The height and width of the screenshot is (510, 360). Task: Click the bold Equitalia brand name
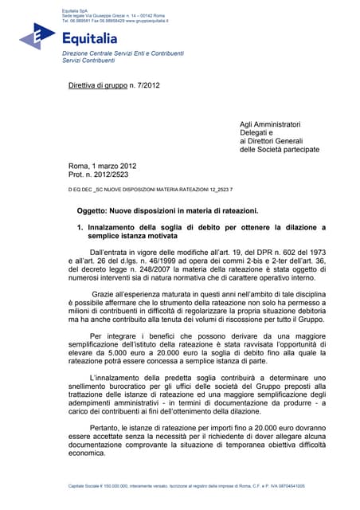coord(89,37)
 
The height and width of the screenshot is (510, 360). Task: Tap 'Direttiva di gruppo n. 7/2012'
coord(115,84)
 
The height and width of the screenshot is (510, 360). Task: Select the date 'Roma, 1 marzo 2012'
coord(103,166)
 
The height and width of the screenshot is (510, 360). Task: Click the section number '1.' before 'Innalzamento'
coord(80,228)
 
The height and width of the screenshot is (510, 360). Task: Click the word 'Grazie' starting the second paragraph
coord(104,295)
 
